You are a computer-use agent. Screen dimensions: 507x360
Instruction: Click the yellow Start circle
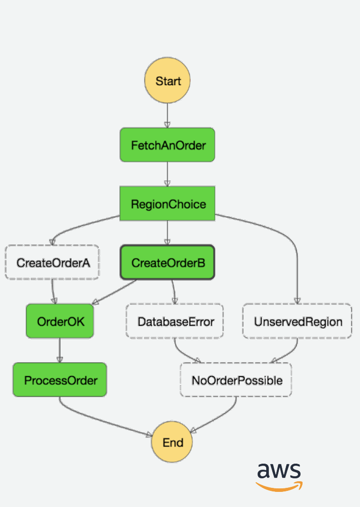coord(167,81)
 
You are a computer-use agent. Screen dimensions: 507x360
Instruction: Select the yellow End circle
coord(173,442)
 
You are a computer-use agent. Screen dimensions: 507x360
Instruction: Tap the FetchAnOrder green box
coord(167,145)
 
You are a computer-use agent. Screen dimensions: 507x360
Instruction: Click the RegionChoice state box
coord(167,204)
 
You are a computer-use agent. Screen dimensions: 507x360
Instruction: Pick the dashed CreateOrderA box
coord(52,262)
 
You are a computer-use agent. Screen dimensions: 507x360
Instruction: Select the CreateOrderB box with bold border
coord(167,262)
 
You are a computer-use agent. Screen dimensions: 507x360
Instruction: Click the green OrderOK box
coord(60,321)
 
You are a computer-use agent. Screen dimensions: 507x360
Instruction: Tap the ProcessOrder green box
coord(59,379)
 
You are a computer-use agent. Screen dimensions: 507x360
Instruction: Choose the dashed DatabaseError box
coord(175,321)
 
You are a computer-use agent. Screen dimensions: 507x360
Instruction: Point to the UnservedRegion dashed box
coord(297,321)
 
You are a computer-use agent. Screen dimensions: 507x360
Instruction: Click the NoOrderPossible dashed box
coord(236,379)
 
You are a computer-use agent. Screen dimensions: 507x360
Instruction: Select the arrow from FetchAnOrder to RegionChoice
coord(167,174)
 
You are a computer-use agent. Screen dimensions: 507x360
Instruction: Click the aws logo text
coord(279,471)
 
